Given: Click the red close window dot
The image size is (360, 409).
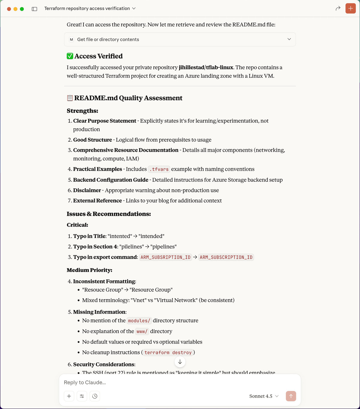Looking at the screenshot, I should [x=9, y=9].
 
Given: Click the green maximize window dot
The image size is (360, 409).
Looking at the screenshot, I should [x=22, y=9].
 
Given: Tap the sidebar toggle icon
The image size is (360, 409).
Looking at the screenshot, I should [x=34, y=9].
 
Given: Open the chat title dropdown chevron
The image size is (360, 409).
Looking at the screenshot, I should [x=134, y=8].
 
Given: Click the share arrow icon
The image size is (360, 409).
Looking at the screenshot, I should [x=338, y=8].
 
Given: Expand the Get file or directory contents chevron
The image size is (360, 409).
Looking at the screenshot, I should [x=289, y=39].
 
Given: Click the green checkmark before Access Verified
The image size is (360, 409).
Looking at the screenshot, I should [x=70, y=56].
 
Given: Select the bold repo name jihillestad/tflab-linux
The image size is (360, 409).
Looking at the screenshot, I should [x=206, y=67].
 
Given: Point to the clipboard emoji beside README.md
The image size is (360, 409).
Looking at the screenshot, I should [x=70, y=98].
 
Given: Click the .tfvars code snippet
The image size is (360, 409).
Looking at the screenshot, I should [x=159, y=169].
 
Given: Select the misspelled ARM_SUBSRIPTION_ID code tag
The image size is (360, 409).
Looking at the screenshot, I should [x=165, y=257].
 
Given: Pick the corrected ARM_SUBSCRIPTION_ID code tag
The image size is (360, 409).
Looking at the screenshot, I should [x=226, y=257].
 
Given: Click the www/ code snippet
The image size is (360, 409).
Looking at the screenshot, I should [x=142, y=331].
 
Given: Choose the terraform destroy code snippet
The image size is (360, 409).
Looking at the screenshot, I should [x=168, y=352].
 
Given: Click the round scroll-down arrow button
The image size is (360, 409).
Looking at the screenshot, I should [x=180, y=362].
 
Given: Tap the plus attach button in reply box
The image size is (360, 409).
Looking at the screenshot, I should [x=69, y=396].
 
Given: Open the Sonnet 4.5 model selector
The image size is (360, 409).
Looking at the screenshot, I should [x=264, y=396].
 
